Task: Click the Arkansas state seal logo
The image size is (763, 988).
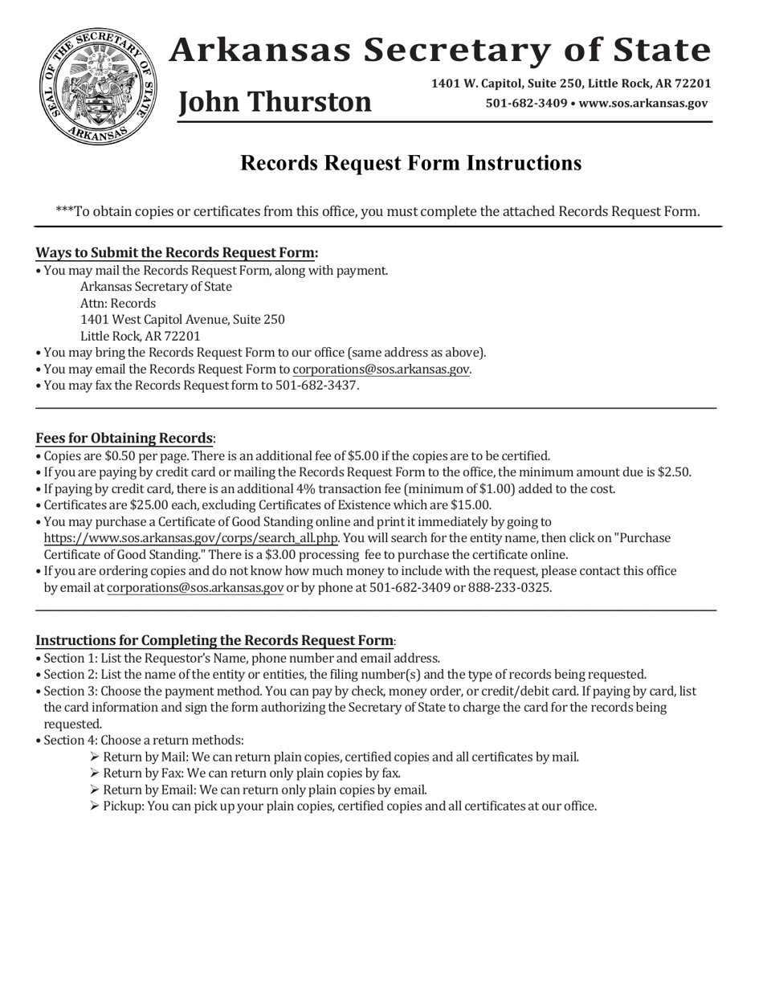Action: click(x=95, y=87)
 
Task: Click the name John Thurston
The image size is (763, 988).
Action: click(x=275, y=102)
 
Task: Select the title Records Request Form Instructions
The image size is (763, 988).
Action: click(x=410, y=163)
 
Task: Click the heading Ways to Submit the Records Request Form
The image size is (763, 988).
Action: click(x=177, y=253)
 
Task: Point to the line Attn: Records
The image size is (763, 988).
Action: click(x=118, y=304)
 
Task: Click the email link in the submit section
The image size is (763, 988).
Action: click(x=381, y=369)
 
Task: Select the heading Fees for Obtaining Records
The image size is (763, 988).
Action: click(x=124, y=439)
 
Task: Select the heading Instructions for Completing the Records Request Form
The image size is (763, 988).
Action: click(x=214, y=641)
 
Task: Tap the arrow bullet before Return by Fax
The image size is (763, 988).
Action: click(x=95, y=774)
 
